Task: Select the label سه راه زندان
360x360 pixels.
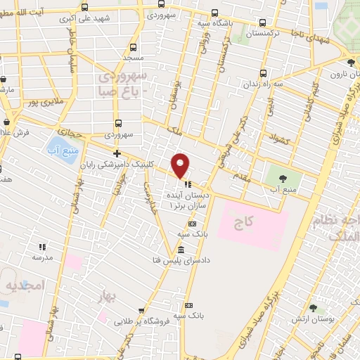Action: pyautogui.click(x=278, y=84)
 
